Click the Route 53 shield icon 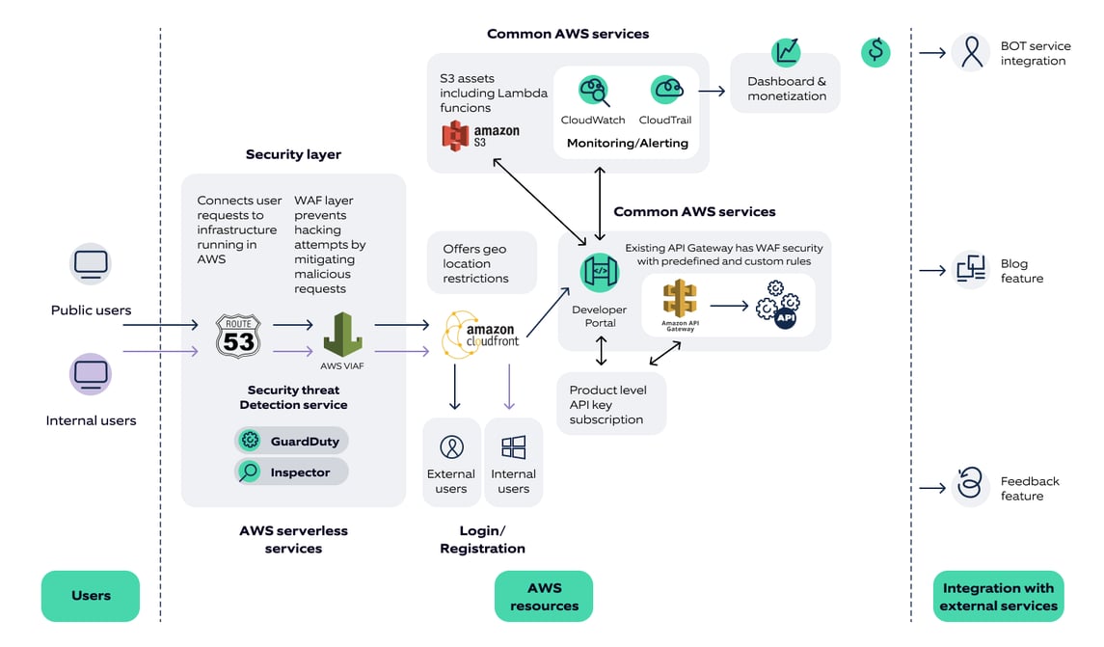[238, 337]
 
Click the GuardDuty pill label [292, 441]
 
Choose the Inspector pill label [292, 472]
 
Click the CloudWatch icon [593, 92]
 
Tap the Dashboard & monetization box [786, 83]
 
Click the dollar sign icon [875, 51]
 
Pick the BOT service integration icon [970, 52]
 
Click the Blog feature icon [970, 270]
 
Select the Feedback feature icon [970, 487]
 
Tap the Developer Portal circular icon [600, 273]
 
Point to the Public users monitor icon [92, 263]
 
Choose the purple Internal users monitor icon [91, 373]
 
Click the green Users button [91, 595]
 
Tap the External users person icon [451, 446]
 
